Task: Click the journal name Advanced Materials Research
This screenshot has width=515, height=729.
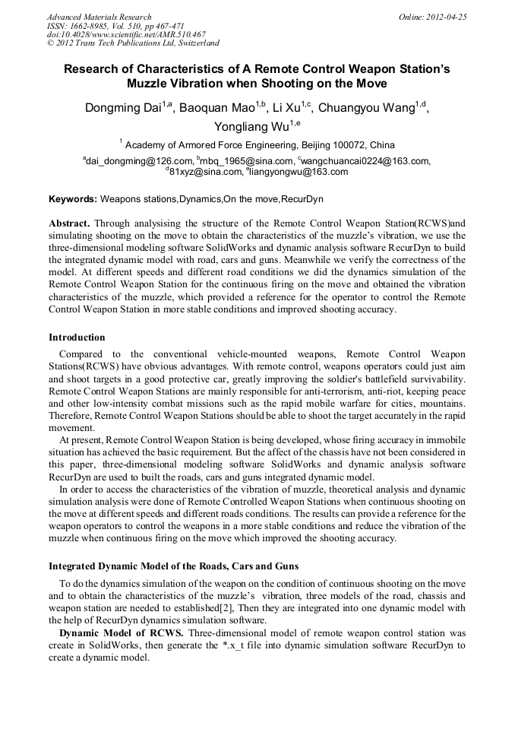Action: (x=99, y=17)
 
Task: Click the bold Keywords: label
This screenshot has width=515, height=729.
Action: (x=73, y=199)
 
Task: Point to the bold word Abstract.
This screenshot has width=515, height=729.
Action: (x=70, y=224)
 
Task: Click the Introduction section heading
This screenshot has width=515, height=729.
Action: (x=77, y=337)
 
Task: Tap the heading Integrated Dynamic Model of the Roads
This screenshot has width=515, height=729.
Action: (x=174, y=566)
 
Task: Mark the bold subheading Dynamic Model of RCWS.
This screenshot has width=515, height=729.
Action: (x=122, y=633)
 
